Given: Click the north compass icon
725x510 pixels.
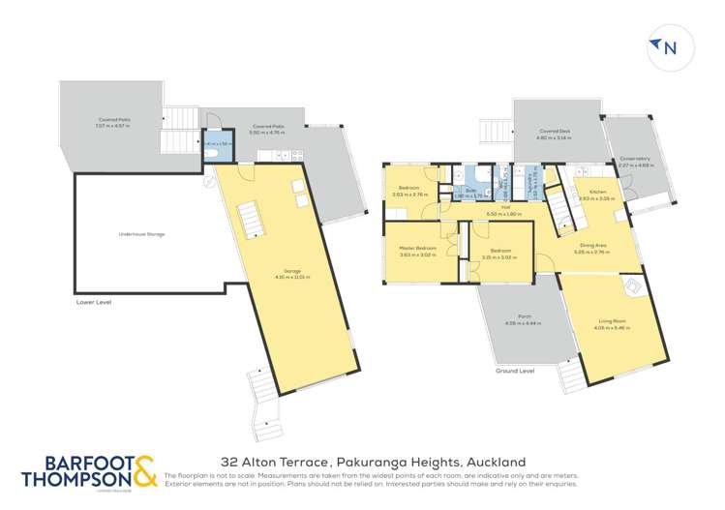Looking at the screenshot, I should [662, 47].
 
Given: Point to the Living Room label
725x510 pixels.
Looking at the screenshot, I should [613, 324].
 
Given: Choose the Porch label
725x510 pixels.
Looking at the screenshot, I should [510, 319].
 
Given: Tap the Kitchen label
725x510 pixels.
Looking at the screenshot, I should [597, 195].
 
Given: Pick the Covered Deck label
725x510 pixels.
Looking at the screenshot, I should [553, 135].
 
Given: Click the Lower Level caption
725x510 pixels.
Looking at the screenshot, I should [94, 303].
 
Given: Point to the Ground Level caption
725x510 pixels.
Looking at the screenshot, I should [515, 370].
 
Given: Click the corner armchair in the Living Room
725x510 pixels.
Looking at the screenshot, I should [632, 287].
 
